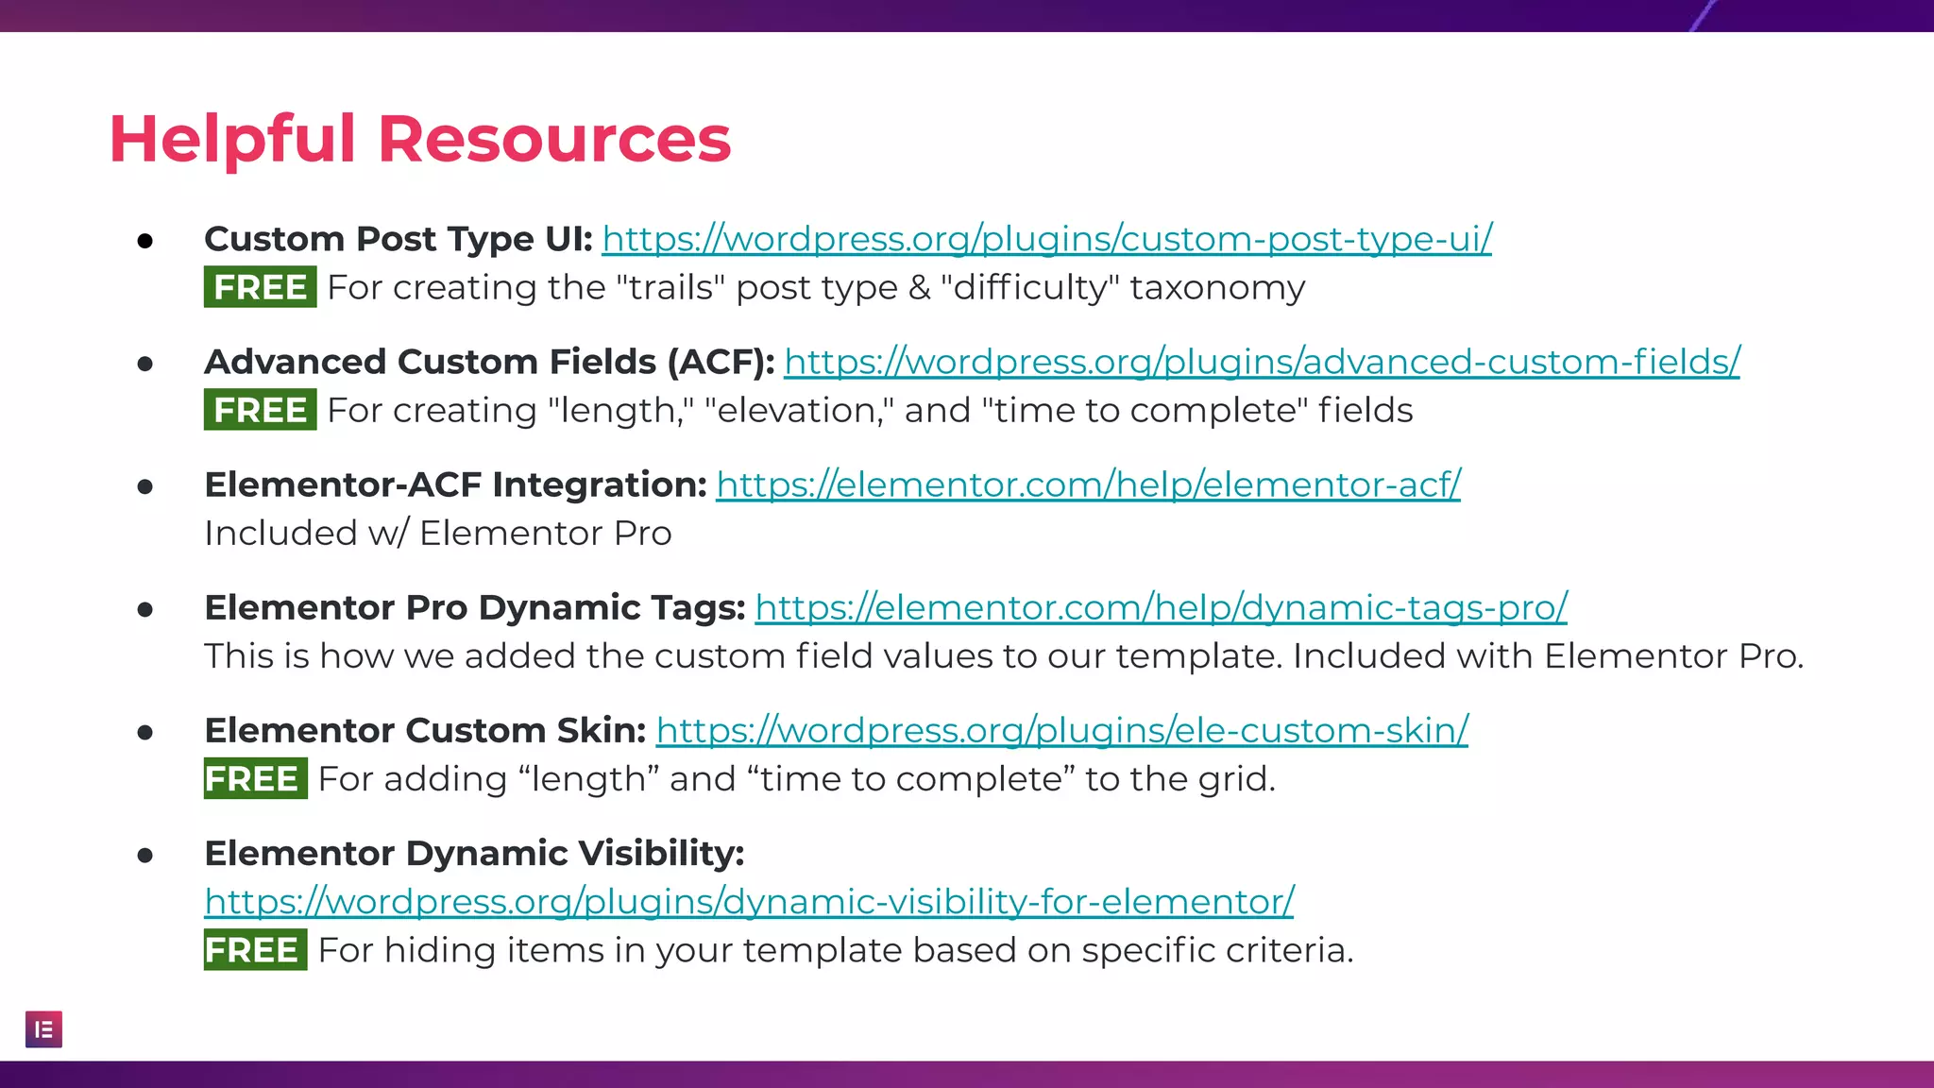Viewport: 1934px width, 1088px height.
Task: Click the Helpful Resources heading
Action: click(420, 139)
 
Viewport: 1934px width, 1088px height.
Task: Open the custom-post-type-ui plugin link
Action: click(1046, 239)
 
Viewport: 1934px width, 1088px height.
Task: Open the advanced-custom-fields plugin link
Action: click(1262, 362)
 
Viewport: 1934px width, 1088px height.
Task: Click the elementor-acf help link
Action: click(1088, 484)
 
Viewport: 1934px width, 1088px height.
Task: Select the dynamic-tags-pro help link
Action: click(1161, 607)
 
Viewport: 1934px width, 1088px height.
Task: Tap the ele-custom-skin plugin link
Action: click(1061, 730)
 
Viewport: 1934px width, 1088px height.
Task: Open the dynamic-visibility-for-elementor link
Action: click(749, 901)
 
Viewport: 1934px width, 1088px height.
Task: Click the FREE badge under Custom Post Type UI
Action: click(260, 287)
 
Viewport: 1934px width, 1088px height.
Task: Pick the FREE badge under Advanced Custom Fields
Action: click(260, 410)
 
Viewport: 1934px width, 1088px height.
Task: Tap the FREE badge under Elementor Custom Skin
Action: click(255, 778)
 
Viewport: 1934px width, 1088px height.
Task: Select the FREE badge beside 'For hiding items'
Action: click(255, 949)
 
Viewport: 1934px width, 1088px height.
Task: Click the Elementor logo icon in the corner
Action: click(43, 1029)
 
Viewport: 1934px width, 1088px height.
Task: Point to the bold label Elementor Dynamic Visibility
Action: click(474, 853)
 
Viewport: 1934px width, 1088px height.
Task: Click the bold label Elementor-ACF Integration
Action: click(455, 484)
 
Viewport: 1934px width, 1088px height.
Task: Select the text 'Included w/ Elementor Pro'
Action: click(437, 534)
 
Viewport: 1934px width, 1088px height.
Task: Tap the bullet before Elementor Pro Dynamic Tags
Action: click(144, 609)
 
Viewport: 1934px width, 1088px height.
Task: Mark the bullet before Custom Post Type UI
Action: click(144, 241)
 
